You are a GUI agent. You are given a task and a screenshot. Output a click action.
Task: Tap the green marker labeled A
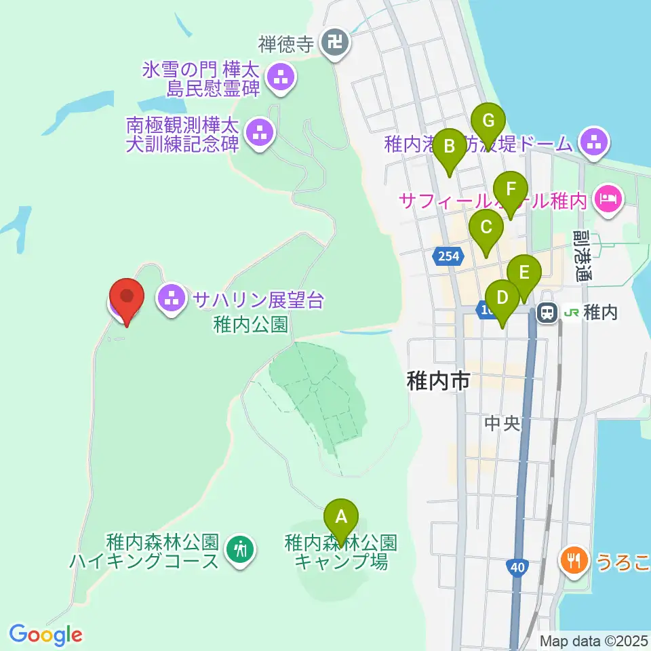pos(341,519)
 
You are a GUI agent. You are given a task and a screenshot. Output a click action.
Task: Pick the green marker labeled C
pos(486,229)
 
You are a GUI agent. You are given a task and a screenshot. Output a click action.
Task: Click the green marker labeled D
pos(502,299)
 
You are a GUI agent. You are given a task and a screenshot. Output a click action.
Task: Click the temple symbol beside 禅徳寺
pos(335,43)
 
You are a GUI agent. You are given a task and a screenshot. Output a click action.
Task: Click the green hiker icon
pos(239,548)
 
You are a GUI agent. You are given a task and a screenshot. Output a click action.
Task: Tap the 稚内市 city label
pos(438,381)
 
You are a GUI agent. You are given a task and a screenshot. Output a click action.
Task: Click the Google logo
pos(45,635)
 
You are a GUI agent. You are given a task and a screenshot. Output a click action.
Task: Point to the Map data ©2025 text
pos(594,640)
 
